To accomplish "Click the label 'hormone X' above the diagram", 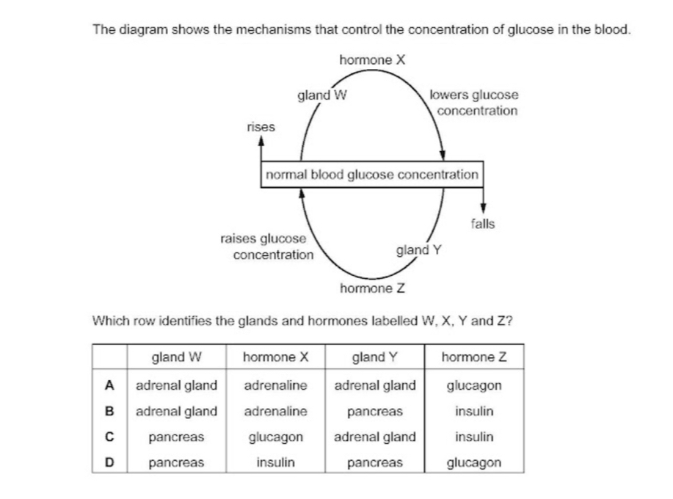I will coord(373,59).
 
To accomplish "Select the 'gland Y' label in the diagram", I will coord(418,250).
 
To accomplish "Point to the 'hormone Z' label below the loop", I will coord(373,288).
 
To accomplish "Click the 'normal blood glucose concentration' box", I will coord(372,175).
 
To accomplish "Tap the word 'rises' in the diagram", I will coord(261,126).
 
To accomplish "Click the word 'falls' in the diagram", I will coord(483,223).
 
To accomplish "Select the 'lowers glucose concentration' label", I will coord(475,103).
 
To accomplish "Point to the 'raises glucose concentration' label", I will coord(268,247).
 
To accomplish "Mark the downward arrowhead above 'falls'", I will coord(483,208).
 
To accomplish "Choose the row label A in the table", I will coord(109,385).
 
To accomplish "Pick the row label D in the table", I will coord(109,463).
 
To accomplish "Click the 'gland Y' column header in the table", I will coord(375,358).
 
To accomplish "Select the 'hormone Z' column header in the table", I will coord(474,358).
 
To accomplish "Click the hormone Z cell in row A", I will coord(474,385).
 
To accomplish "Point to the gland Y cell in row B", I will coord(375,411).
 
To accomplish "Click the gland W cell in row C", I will coord(176,437).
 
